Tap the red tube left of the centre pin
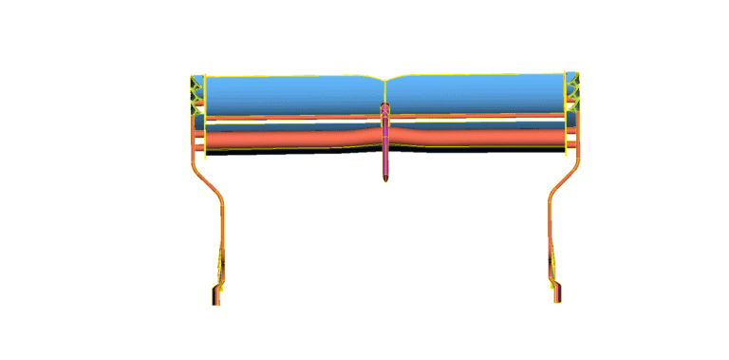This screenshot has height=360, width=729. (285, 140)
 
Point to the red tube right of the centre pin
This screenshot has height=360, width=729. (475, 139)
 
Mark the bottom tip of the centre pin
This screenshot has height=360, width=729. (385, 179)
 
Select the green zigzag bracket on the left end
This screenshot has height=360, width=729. (197, 90)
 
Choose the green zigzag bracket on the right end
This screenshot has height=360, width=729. (572, 90)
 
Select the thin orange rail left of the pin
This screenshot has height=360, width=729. (285, 119)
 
